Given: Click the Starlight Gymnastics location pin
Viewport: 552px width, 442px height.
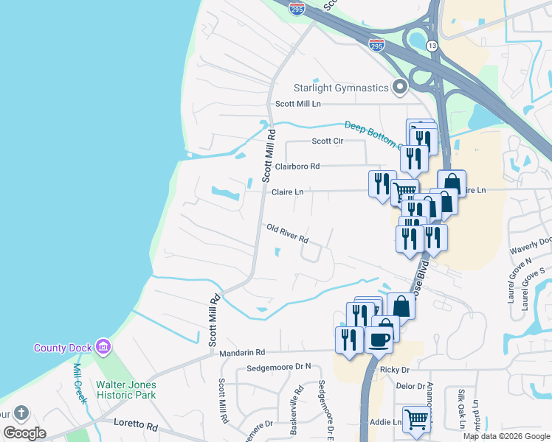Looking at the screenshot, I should tap(400, 88).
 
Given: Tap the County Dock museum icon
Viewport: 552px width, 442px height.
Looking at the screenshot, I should tap(103, 346).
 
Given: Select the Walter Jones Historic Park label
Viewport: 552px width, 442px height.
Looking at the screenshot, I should tap(125, 390).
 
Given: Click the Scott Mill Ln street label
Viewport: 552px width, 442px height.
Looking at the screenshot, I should tap(298, 105).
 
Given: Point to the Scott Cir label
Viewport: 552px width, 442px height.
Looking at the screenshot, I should tap(328, 141).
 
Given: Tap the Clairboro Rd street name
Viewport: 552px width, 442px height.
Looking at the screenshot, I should tap(297, 166).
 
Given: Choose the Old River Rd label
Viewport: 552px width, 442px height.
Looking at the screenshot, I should tap(287, 235).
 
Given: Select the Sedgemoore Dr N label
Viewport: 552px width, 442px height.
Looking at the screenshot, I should tap(279, 366).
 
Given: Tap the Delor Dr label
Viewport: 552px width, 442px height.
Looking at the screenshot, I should tap(411, 386).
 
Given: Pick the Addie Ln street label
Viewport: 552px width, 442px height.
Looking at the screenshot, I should tap(384, 422).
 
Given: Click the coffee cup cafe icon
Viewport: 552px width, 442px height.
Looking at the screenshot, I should tap(380, 340).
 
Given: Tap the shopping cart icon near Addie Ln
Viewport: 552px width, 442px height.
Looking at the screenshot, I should tap(417, 418).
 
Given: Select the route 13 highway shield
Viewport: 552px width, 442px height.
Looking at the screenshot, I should tap(431, 46).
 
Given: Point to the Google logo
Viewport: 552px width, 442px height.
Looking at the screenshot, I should tap(25, 433).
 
